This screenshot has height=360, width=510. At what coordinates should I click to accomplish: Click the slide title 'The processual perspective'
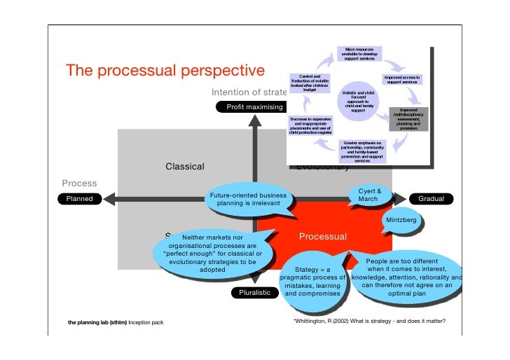pos(165,71)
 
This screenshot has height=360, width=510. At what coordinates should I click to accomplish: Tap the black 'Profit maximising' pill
pos(254,107)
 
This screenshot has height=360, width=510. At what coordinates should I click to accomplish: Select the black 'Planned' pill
pos(79,199)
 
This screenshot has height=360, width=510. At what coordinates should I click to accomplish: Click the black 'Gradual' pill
pos(431,199)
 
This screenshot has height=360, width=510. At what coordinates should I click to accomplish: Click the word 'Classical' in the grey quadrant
pos(184,167)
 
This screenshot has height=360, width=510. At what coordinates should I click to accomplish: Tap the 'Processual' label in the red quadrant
pos(323,237)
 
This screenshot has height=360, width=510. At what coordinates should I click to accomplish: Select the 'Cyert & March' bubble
pos(369,195)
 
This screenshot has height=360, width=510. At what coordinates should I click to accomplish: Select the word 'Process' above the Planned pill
pos(79,184)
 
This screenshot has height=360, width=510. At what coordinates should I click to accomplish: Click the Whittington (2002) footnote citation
pos(369,322)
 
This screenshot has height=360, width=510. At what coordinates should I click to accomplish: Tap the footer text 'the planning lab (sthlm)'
pos(97,323)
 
